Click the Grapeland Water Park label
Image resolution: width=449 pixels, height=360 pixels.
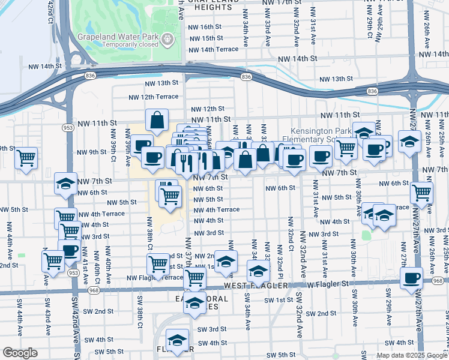pos(117,35)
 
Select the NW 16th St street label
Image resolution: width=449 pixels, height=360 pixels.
pos(204,27)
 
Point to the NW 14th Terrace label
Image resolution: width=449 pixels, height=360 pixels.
pos(213,49)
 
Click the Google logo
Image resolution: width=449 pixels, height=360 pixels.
pos(20,353)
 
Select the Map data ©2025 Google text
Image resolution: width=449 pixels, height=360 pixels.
pos(412,355)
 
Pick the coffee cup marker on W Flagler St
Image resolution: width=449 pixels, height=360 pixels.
pos(412,278)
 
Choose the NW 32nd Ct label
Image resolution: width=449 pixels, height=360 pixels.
pos(289,235)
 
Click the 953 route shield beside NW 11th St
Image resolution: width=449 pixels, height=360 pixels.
pos(68,128)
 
